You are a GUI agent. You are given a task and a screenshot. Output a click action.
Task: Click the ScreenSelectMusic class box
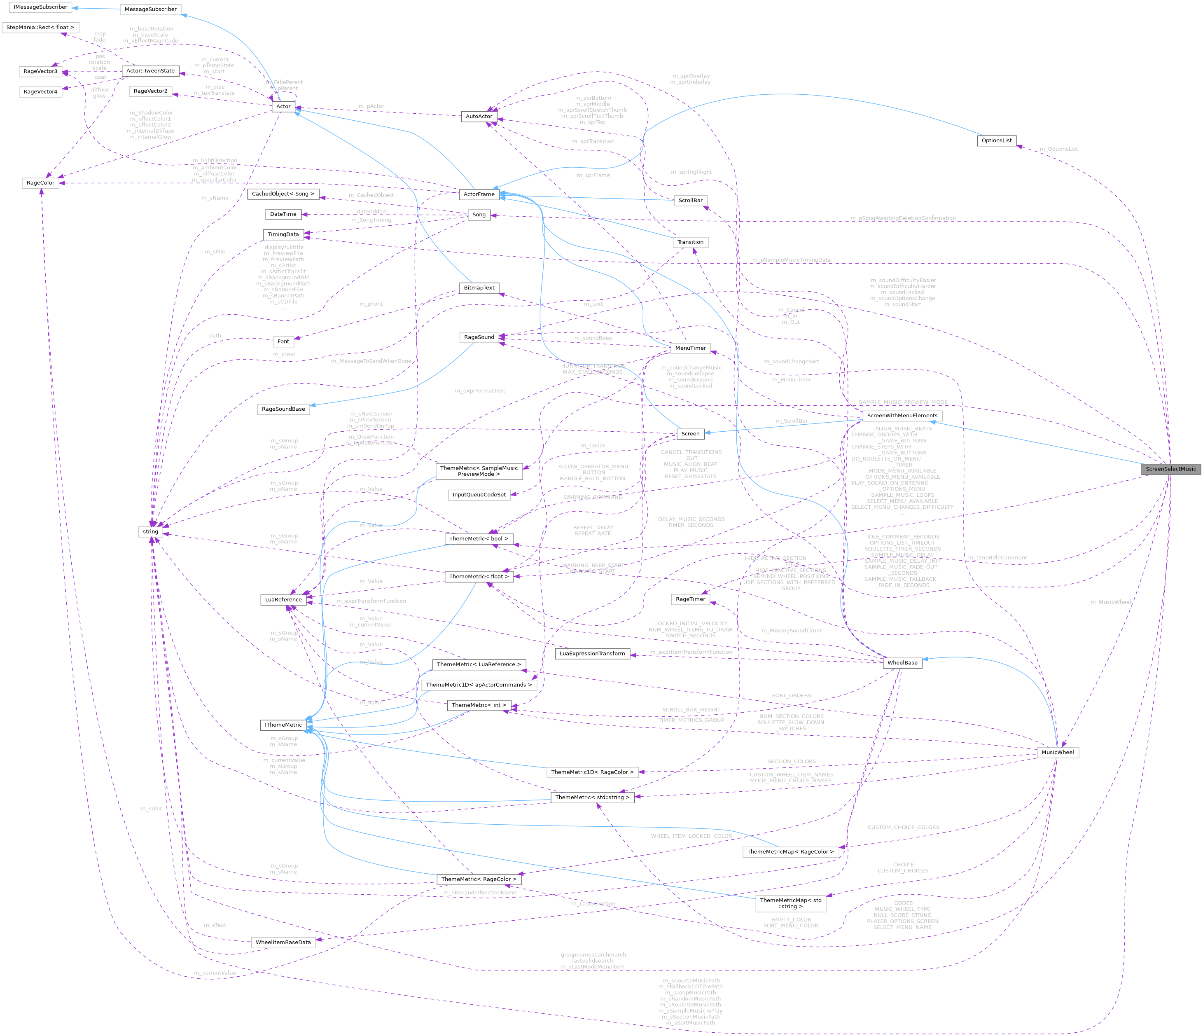tap(1170, 469)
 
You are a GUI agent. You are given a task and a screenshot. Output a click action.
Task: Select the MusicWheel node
tap(1057, 752)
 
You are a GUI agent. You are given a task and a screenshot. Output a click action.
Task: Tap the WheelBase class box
tap(902, 663)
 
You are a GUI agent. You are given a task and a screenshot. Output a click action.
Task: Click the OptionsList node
tap(996, 140)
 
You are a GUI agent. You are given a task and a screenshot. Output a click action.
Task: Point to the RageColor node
tap(41, 183)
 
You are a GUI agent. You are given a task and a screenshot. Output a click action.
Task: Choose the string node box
tap(150, 531)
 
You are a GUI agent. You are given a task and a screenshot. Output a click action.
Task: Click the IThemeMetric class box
tap(283, 725)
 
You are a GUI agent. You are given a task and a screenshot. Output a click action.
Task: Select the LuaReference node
tap(283, 599)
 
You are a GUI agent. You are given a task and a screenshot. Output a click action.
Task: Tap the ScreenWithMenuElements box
tap(902, 416)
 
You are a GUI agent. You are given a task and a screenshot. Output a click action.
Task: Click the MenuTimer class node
tap(690, 348)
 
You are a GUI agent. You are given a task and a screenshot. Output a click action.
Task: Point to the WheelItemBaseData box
tap(283, 942)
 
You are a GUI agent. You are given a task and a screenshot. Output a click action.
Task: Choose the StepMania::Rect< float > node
tap(40, 27)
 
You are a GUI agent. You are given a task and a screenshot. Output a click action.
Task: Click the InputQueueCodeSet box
tap(479, 495)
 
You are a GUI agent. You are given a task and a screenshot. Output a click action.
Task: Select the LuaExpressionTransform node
tap(592, 653)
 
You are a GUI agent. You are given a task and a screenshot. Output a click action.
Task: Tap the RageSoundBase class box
tap(283, 409)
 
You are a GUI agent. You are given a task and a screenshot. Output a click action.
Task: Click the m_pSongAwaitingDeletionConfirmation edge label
tap(903, 218)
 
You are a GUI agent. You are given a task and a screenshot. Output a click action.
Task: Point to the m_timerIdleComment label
tap(997, 557)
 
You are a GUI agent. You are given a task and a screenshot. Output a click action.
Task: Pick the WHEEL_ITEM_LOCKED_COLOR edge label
tap(691, 836)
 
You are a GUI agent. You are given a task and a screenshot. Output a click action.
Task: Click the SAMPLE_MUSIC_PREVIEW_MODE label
tap(903, 402)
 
